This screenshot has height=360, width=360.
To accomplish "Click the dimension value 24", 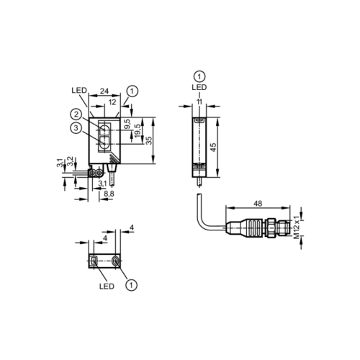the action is [104, 91].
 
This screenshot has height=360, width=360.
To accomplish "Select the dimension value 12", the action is [112, 102].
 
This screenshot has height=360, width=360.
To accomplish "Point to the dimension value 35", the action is [149, 140].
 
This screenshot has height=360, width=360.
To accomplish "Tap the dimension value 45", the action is [213, 147].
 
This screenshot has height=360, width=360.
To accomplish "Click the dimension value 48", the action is [258, 204].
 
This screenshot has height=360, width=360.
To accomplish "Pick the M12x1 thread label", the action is [297, 227].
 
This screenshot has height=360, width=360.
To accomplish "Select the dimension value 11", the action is [199, 102].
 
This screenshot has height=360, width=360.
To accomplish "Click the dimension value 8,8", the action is [109, 194].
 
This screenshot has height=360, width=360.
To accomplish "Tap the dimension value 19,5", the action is [138, 131].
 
